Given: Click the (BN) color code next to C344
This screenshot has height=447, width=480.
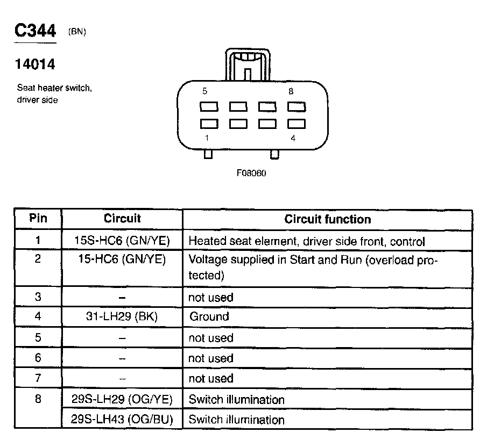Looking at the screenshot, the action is [x=77, y=32].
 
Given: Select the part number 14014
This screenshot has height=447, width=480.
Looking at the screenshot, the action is [x=35, y=64].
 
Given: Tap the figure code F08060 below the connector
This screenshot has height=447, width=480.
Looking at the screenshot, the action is [x=251, y=174].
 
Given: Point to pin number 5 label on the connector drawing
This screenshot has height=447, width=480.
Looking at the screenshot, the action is [x=204, y=91].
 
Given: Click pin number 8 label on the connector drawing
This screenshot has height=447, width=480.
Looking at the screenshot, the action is [x=291, y=91].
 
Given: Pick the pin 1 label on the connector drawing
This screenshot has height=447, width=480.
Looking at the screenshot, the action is [x=207, y=138].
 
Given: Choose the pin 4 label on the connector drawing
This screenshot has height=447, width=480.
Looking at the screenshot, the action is [x=293, y=138].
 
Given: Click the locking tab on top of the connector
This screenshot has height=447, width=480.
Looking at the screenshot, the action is [x=248, y=64].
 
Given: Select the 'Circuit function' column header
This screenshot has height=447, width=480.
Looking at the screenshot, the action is [x=327, y=219].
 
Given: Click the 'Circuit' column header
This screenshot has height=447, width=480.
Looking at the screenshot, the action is [x=122, y=219].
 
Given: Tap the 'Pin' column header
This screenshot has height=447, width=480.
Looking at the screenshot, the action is [x=38, y=219].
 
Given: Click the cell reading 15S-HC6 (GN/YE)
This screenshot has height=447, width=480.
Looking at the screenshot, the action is [x=122, y=241].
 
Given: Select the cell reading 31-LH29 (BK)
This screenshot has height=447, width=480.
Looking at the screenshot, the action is [x=122, y=316].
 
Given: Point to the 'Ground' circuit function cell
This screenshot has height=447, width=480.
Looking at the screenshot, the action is [x=209, y=316].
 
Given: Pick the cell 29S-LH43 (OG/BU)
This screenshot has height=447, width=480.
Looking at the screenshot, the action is [x=122, y=419].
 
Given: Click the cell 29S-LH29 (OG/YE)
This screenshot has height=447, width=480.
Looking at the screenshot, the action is [x=122, y=400].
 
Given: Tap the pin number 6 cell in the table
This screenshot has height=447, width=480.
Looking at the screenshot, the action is [x=38, y=358].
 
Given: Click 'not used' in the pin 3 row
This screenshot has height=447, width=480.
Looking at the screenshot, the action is [x=210, y=297].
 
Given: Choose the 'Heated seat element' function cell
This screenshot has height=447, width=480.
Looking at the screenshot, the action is [x=307, y=241].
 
